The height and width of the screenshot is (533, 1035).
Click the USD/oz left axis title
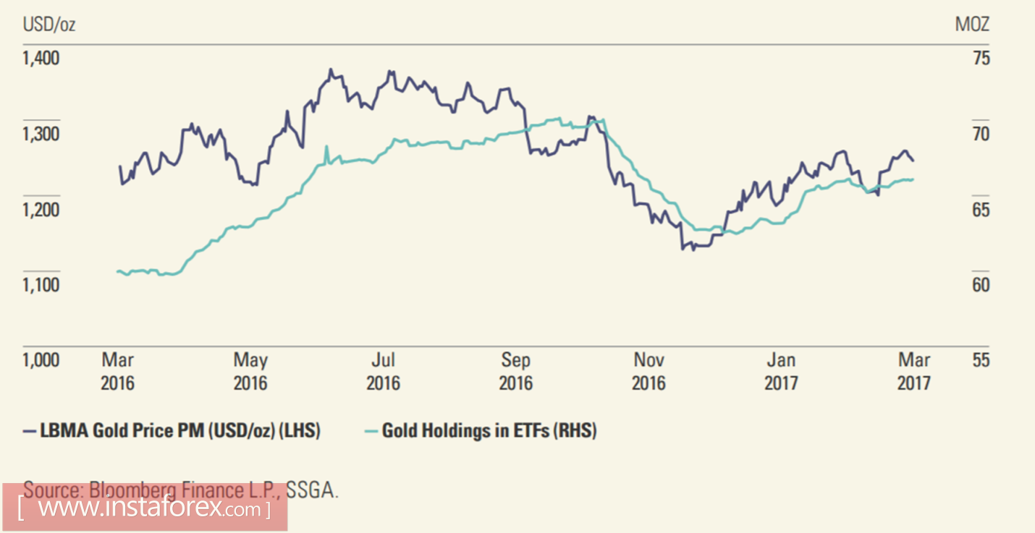[x=49, y=25]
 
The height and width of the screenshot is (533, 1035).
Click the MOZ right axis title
[x=972, y=25]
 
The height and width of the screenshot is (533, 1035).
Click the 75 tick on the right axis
[x=981, y=59]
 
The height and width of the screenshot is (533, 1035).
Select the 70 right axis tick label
[x=981, y=135]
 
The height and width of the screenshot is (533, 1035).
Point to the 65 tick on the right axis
[x=981, y=210]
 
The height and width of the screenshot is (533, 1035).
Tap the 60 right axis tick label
[x=981, y=285]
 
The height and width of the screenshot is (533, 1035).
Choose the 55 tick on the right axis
[x=981, y=360]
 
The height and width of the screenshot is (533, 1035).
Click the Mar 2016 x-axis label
[x=118, y=371]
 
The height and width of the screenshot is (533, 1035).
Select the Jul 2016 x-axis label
[x=384, y=371]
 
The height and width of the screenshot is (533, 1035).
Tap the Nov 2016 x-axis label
[x=649, y=371]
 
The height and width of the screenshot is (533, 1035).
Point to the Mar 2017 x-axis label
[x=914, y=371]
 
